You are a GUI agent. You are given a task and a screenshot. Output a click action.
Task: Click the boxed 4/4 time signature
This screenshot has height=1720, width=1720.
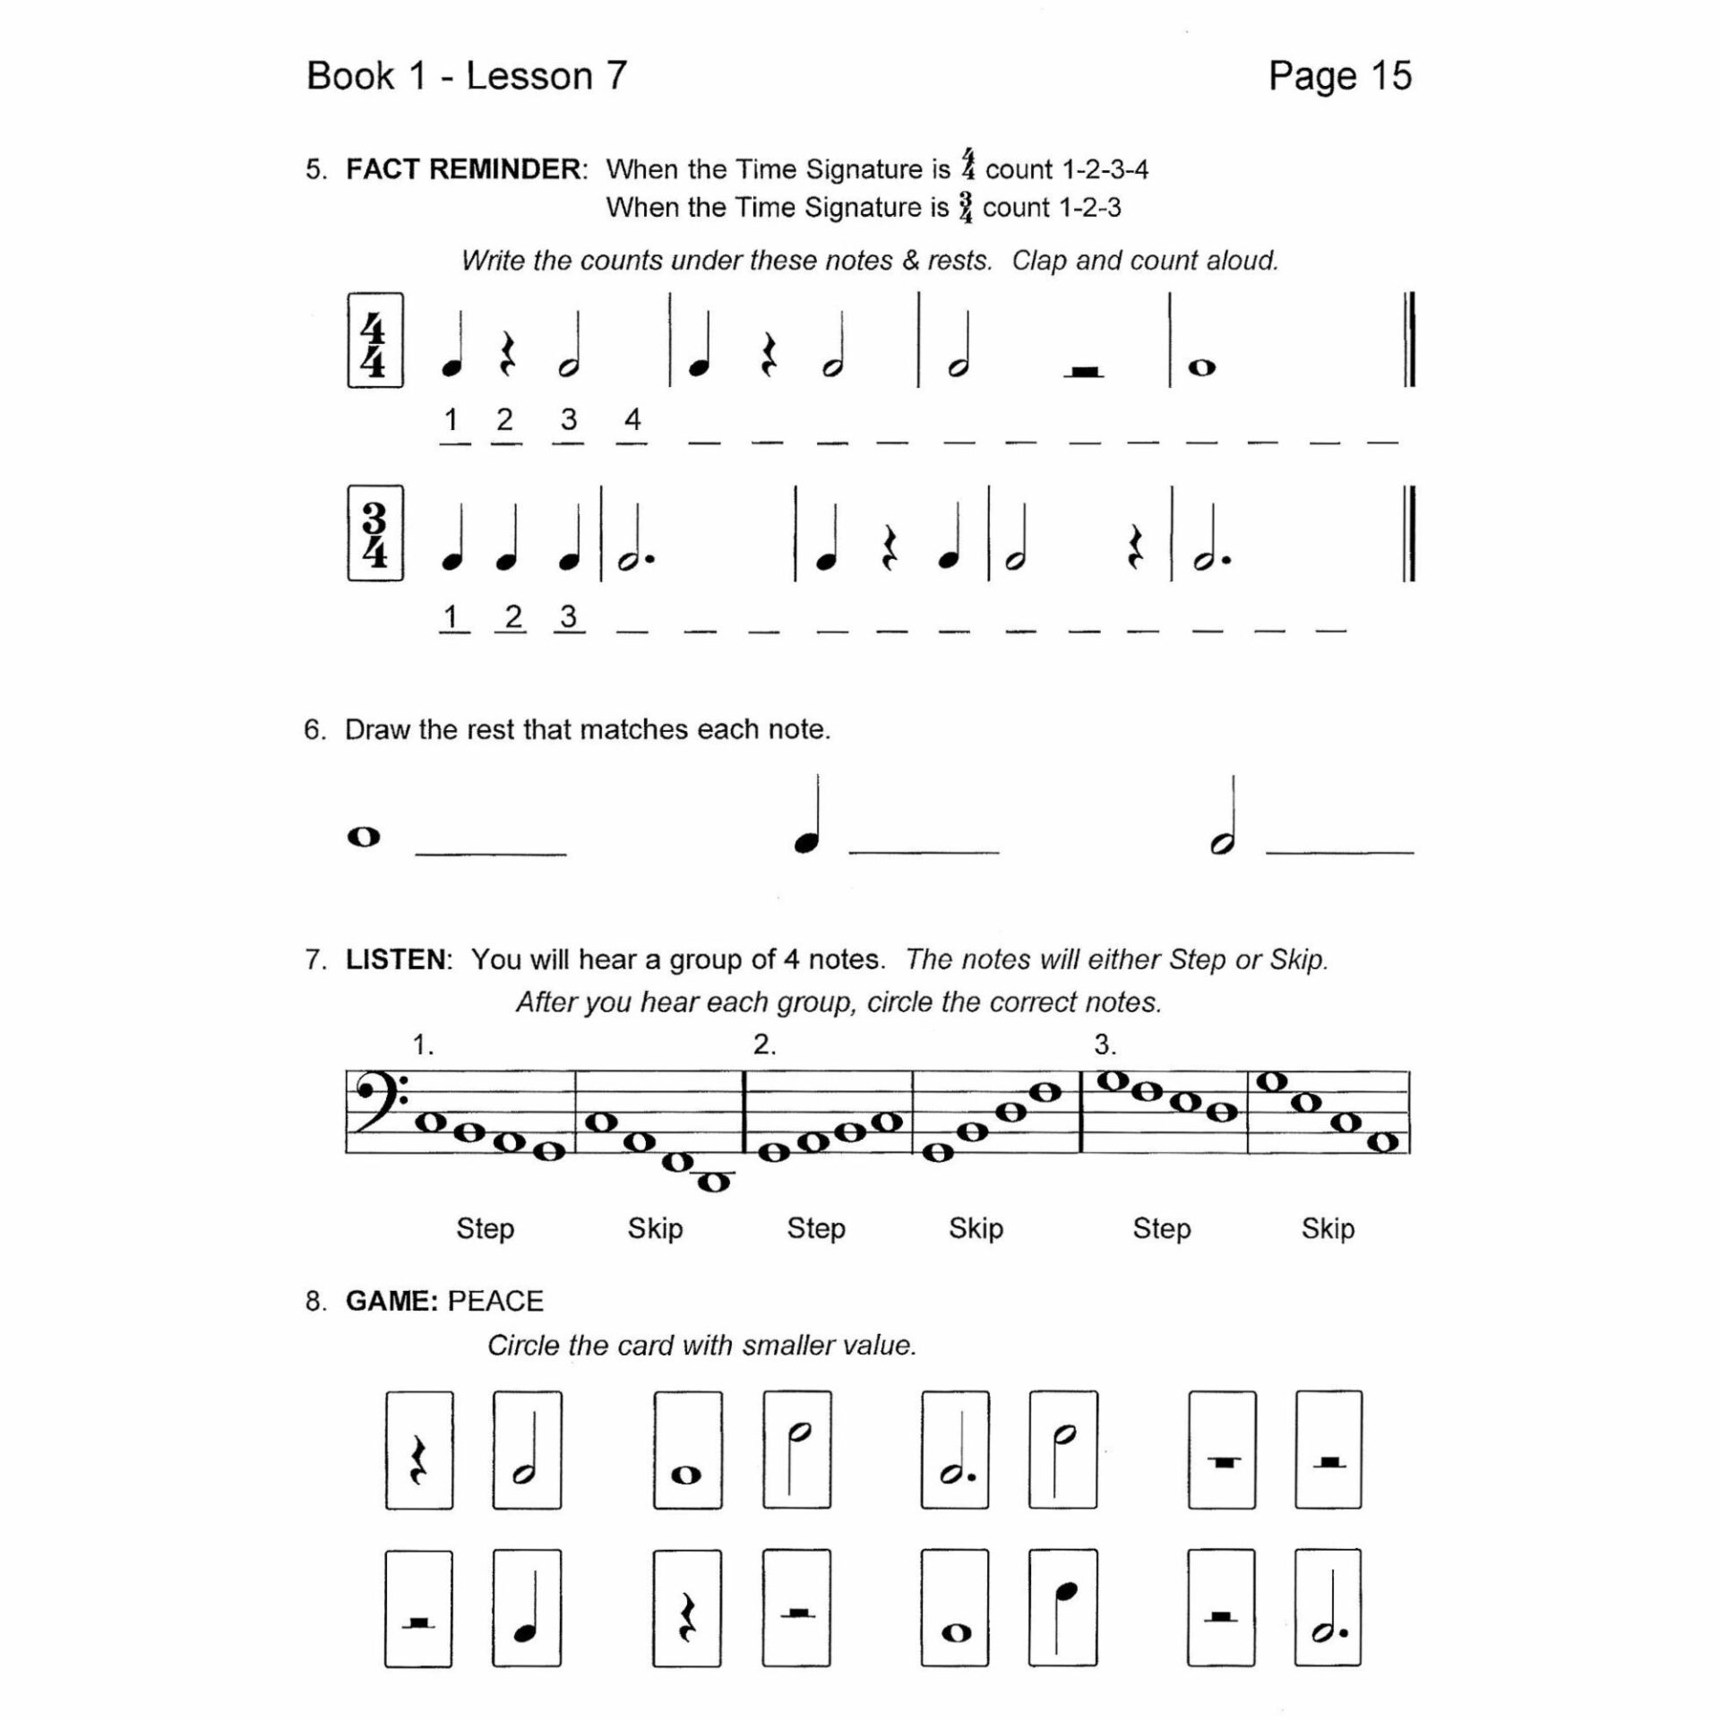click(374, 340)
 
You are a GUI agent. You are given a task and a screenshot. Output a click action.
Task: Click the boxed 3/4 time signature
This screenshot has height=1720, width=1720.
click(374, 533)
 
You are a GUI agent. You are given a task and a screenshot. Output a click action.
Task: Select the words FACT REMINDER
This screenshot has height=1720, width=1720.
click(465, 169)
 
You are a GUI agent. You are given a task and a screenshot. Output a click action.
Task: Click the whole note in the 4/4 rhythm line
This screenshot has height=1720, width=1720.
click(1201, 367)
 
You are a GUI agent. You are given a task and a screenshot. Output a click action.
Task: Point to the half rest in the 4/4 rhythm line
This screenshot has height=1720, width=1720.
click(1084, 370)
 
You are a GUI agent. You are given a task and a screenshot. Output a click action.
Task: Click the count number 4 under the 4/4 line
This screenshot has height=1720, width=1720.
click(632, 418)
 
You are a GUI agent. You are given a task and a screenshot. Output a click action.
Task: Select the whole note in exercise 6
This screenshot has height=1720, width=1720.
click(364, 837)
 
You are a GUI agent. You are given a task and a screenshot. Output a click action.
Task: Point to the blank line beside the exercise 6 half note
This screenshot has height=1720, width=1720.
click(1339, 851)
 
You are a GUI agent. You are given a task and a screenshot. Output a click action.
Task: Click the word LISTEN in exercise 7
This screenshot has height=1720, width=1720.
click(395, 959)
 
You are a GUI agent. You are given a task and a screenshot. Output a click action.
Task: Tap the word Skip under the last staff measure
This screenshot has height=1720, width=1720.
click(1328, 1228)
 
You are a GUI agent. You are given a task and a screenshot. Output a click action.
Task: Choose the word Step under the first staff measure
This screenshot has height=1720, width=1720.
click(485, 1228)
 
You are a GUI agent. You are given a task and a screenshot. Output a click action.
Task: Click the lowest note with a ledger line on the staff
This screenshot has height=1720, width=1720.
click(713, 1182)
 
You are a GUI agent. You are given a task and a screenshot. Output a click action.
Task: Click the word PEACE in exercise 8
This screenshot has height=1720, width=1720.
click(495, 1301)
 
